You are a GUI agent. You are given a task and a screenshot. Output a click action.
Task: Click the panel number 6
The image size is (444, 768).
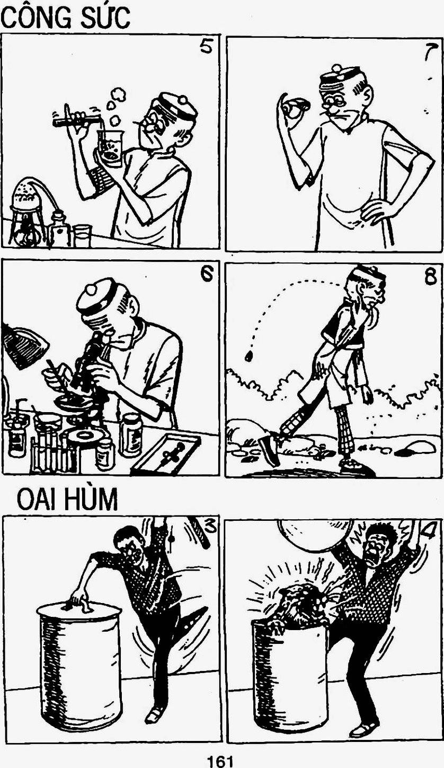pyautogui.click(x=207, y=274)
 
